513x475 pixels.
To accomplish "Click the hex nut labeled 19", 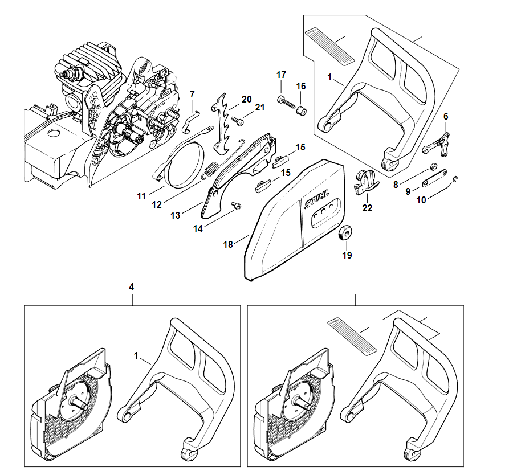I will coord(346,233).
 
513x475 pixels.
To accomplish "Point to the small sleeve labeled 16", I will coord(302,108).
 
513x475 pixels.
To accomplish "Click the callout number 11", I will coord(141,196).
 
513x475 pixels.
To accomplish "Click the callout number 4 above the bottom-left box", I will coord(132,288).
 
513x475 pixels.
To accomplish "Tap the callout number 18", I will coord(228,244).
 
